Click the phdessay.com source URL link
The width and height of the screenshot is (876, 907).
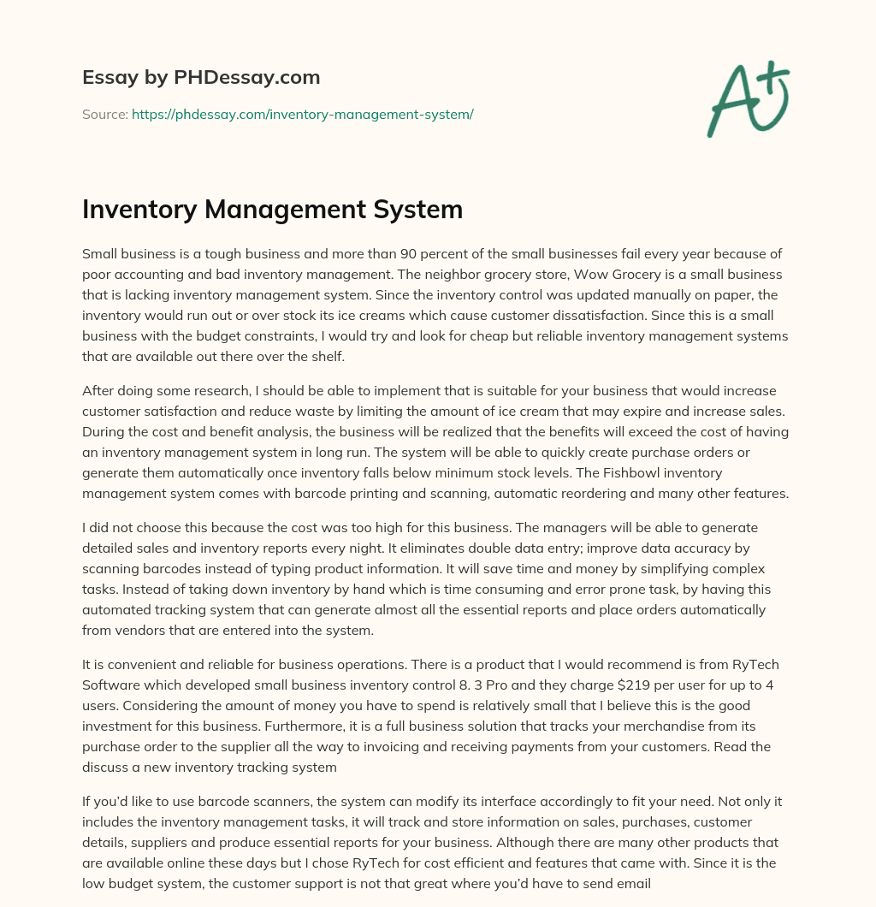[302, 114]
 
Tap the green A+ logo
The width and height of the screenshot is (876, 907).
[747, 98]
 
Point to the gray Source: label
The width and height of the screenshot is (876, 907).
[105, 114]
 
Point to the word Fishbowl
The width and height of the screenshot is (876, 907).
[637, 471]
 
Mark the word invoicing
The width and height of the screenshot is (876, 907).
[409, 747]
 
